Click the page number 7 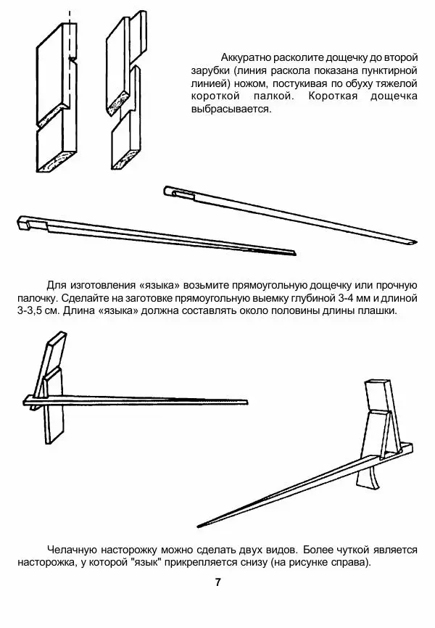(x=217, y=582)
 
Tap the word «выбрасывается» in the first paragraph (x=231, y=109)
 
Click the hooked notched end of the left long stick (x=25, y=223)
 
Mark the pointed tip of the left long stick (x=294, y=253)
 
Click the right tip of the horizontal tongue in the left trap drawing (x=246, y=402)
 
